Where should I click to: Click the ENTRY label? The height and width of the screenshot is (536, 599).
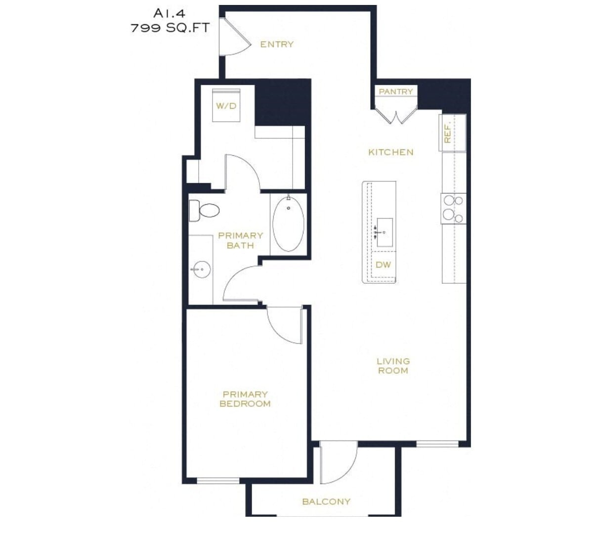277,45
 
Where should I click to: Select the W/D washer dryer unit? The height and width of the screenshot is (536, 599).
226,105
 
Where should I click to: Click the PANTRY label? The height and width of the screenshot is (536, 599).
395,91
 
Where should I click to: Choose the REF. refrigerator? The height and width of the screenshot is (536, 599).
452,133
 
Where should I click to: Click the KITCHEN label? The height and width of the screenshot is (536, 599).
390,152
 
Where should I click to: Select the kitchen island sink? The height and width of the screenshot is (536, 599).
384,232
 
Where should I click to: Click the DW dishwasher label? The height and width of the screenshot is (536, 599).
383,265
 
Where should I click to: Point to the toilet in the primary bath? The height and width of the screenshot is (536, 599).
204,211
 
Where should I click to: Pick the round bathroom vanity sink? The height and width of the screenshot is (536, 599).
201,269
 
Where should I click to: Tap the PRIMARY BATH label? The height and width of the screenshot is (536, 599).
240,240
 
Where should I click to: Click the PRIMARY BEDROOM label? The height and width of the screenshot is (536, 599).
245,399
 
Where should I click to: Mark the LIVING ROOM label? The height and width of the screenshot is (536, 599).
393,366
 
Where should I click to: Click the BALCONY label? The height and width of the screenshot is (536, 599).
326,501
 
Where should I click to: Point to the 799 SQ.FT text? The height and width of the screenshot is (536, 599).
170,28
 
